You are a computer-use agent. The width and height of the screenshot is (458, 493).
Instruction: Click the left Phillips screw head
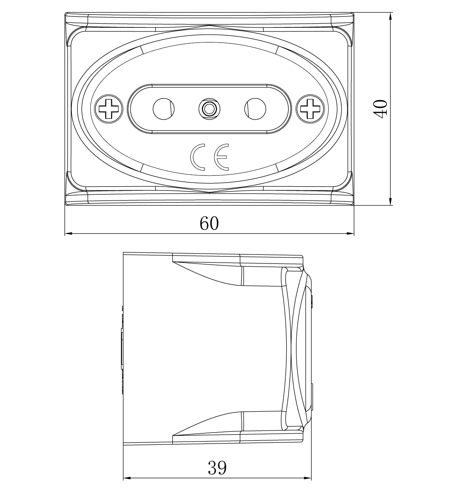(x=109, y=109)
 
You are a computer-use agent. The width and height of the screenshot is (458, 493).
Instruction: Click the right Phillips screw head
(x=310, y=109)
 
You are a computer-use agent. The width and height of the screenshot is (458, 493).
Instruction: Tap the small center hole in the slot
(x=210, y=109)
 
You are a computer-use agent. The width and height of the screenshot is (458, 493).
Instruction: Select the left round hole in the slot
(x=164, y=109)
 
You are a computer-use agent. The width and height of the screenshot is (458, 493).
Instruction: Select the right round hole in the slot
(x=255, y=109)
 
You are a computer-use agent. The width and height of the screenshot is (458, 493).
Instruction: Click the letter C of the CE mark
(x=198, y=157)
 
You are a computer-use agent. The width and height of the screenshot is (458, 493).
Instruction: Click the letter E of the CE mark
(x=222, y=157)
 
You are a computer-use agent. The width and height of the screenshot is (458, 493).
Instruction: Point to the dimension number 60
(x=209, y=223)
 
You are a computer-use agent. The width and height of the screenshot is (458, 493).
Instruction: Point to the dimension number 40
(x=380, y=109)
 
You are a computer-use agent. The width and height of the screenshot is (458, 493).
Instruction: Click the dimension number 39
(x=217, y=468)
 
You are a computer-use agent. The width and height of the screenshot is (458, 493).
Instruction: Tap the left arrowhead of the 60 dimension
(x=69, y=233)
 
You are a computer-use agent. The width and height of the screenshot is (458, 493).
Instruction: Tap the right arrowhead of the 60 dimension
(x=350, y=233)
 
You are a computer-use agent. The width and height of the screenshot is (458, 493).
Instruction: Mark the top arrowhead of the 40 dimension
(x=391, y=16)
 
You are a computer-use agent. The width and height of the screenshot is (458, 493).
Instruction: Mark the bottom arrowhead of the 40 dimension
(x=391, y=201)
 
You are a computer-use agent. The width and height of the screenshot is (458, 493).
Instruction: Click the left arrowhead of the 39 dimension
(x=127, y=478)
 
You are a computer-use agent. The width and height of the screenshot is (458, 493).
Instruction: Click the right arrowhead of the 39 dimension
(x=307, y=478)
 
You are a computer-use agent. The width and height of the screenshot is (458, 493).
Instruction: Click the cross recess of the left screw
(x=109, y=109)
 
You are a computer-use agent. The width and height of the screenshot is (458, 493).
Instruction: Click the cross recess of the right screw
(x=310, y=109)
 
